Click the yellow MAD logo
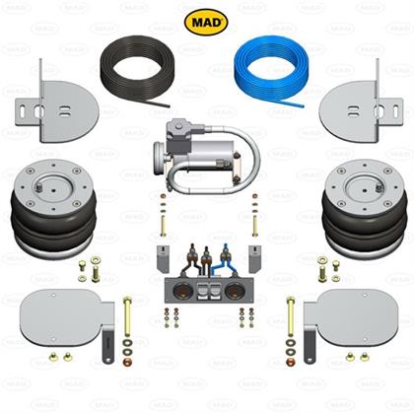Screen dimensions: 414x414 click(x=206, y=22)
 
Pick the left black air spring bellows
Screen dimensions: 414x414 click(x=53, y=224)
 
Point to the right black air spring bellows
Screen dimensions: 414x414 click(x=364, y=224)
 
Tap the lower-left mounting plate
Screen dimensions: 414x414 click(x=67, y=318)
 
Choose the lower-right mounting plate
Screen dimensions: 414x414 click(x=351, y=318)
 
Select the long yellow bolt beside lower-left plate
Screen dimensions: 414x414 click(x=127, y=316)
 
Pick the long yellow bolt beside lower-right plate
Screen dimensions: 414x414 click(x=291, y=316)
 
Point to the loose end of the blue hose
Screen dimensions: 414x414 click(x=303, y=106)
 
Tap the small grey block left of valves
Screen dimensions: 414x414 click(x=163, y=258)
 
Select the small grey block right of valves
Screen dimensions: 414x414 click(x=255, y=258)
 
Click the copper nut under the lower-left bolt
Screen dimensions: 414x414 click(x=127, y=363)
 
